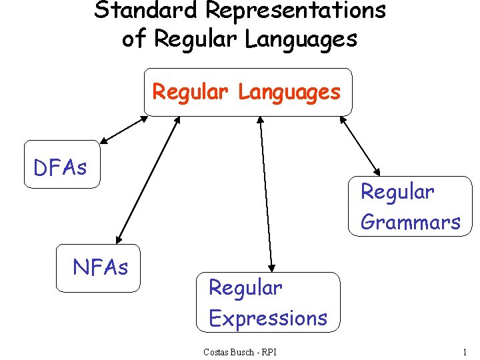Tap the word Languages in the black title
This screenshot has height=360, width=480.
(301, 39)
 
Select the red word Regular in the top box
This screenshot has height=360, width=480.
(190, 92)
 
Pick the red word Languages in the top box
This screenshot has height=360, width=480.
(289, 92)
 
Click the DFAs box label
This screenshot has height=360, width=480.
(60, 168)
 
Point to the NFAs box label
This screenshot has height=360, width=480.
(100, 268)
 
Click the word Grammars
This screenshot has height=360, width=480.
(410, 222)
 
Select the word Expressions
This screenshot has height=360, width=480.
(268, 318)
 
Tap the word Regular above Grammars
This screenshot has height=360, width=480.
(397, 192)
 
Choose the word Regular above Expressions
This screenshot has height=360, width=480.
(245, 288)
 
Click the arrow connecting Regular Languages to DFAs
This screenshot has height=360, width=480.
(124, 130)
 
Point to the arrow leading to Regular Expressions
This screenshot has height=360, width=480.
(266, 193)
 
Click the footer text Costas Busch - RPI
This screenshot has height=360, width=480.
(239, 351)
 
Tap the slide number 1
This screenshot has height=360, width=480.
(464, 351)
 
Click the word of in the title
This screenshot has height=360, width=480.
(133, 39)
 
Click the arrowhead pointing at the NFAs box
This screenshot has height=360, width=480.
(119, 238)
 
